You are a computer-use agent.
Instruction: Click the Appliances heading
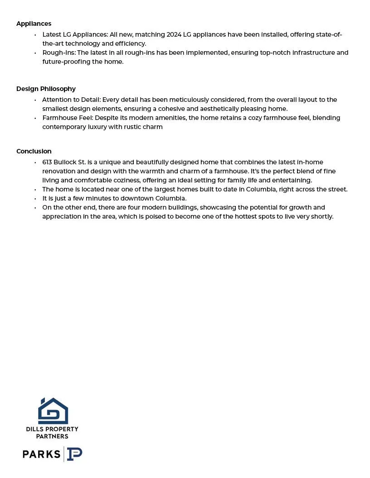click(x=34, y=24)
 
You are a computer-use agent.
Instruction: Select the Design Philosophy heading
click(x=46, y=89)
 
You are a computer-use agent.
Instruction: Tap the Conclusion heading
click(x=34, y=151)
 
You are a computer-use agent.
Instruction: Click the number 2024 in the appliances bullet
click(x=174, y=34)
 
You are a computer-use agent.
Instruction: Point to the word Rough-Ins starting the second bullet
click(x=58, y=53)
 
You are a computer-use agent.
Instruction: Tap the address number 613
click(x=47, y=162)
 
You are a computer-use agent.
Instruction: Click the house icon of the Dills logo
click(x=53, y=411)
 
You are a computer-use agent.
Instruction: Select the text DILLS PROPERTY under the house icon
click(x=52, y=429)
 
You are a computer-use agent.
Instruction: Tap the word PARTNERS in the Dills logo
click(x=52, y=436)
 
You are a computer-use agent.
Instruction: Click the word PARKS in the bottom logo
click(x=41, y=454)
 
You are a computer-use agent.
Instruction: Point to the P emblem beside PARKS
click(x=74, y=454)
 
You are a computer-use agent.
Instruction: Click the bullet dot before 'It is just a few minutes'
click(x=35, y=199)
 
